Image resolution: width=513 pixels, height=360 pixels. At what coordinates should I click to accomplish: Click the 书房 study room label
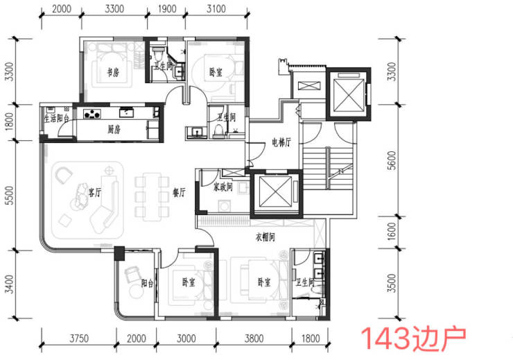[113, 72]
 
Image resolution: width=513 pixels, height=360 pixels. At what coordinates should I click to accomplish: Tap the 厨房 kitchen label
[114, 130]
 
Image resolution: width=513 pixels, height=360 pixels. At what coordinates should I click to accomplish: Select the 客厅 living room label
[94, 192]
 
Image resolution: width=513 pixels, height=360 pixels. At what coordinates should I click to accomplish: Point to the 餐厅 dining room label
[179, 192]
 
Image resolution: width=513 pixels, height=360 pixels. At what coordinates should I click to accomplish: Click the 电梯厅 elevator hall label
[281, 142]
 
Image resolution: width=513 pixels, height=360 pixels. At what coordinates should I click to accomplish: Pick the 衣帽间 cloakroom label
[265, 237]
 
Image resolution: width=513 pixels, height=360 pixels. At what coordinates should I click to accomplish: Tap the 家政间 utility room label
[223, 187]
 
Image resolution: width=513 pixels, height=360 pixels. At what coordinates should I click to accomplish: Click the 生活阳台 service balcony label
[57, 118]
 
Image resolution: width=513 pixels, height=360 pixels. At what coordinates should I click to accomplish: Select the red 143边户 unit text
[413, 338]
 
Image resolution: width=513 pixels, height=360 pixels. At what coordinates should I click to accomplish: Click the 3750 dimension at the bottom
[79, 338]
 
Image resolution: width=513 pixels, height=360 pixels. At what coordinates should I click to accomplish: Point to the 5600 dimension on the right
[392, 160]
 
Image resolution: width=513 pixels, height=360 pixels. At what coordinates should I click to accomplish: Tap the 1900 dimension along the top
[167, 9]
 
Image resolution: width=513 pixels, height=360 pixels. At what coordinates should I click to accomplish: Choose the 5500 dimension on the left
[10, 196]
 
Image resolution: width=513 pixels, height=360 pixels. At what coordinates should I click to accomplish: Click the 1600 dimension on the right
[392, 232]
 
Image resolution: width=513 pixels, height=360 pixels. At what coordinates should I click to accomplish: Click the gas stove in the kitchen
[92, 114]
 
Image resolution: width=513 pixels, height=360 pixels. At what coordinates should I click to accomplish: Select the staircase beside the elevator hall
[328, 169]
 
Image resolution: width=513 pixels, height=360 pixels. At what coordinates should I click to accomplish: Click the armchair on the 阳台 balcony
[132, 274]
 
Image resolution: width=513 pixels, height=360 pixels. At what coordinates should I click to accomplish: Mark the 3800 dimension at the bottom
[254, 338]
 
